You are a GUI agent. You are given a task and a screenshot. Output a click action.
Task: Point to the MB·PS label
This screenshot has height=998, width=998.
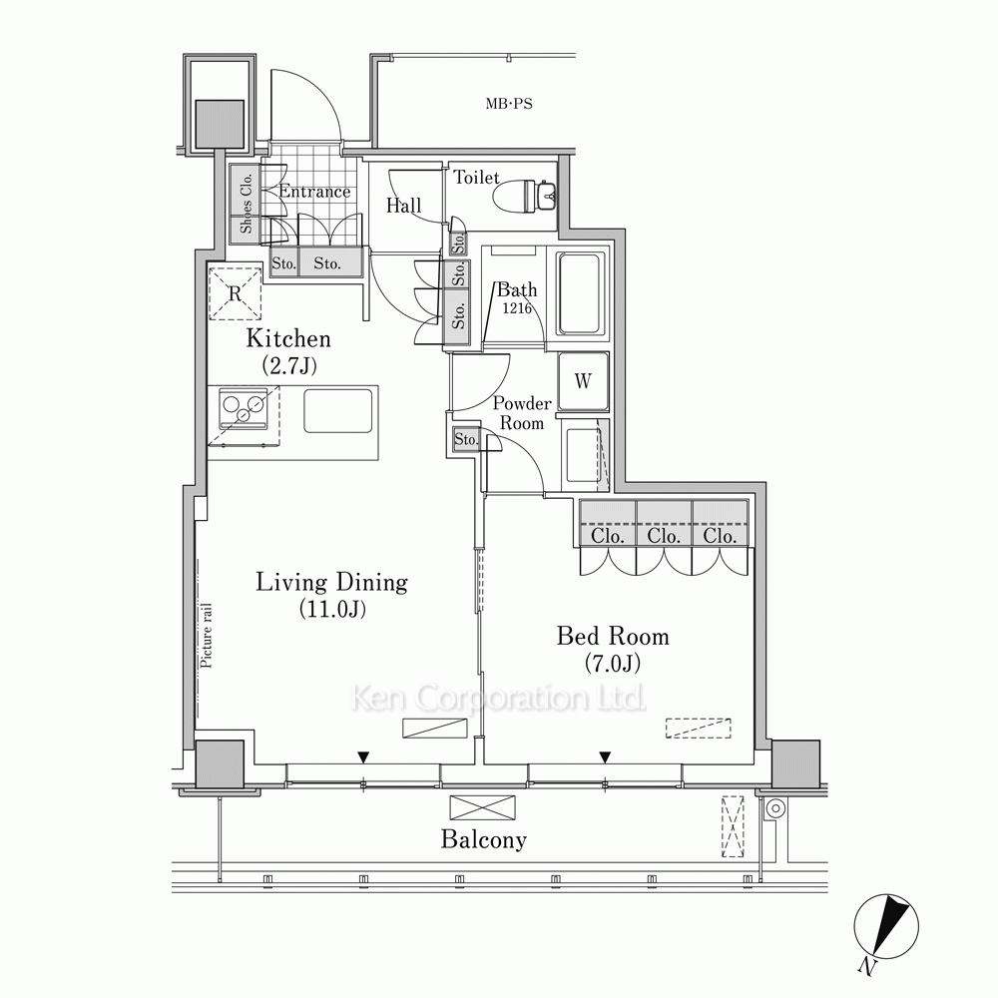[x=509, y=104]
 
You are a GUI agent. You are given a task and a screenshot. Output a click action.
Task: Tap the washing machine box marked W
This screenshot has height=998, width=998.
[x=583, y=381]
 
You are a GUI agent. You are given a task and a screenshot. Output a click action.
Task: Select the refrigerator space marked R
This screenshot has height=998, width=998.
[x=235, y=293]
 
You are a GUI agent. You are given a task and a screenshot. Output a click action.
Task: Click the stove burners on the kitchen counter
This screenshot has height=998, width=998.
[x=243, y=408]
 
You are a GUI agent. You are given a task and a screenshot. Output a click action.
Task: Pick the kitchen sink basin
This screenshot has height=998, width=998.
[x=338, y=411]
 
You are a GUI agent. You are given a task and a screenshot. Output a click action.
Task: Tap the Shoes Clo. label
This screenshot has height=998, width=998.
[x=247, y=204]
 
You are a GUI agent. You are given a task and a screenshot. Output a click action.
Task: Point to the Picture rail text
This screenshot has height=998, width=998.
[x=207, y=635]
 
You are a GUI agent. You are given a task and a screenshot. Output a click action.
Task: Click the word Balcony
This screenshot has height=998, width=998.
[x=484, y=840]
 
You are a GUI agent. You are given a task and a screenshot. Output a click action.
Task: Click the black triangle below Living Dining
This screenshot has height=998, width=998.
[x=363, y=757]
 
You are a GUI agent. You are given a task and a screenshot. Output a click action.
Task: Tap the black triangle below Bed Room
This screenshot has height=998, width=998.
[x=606, y=757]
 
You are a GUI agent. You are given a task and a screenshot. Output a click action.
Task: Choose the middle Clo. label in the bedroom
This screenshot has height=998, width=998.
[x=664, y=536]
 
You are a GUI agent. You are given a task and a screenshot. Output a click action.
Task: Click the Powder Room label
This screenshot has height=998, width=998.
[x=522, y=413]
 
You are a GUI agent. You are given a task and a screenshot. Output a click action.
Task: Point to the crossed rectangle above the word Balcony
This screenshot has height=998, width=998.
[x=482, y=807]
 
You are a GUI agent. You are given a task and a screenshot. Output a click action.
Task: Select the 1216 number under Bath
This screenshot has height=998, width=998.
[x=517, y=308]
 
